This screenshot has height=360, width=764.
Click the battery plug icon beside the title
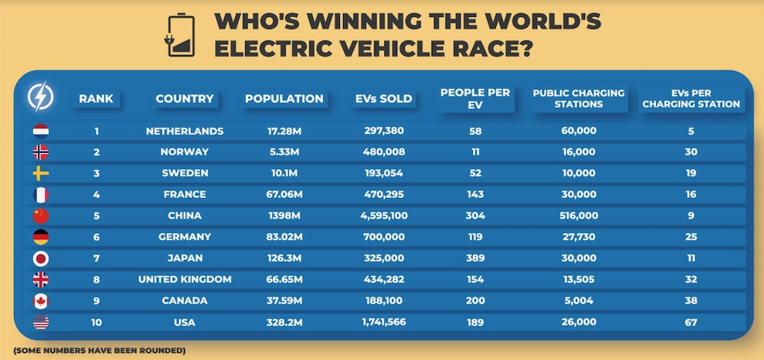point(179,35)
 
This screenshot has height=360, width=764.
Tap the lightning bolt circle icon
point(40,97)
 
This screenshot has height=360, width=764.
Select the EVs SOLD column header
point(384,99)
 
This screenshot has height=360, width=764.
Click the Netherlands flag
point(40,131)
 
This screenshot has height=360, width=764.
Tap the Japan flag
point(40,258)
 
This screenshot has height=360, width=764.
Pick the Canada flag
point(40,301)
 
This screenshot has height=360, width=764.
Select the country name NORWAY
point(185,152)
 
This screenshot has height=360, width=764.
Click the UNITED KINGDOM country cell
point(185,280)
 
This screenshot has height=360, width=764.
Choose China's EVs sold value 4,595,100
point(384,216)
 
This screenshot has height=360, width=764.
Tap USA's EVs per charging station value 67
point(691,323)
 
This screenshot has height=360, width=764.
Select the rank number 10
point(97,323)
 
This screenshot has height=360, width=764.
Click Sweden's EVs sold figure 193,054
point(384,174)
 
